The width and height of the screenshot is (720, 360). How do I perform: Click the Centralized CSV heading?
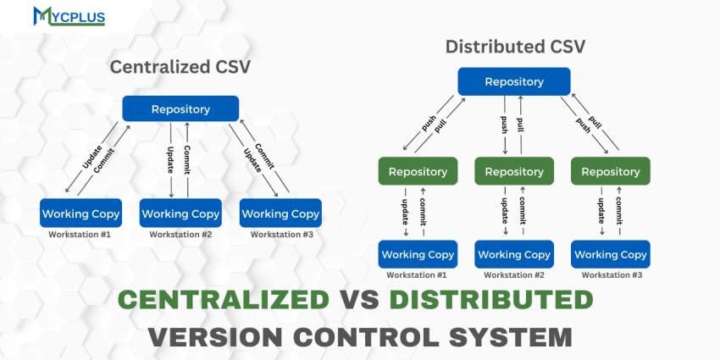[180, 67]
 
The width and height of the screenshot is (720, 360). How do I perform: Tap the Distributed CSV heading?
[515, 46]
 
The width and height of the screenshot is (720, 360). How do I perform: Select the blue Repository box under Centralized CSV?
[180, 108]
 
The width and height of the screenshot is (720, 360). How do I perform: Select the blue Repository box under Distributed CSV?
[514, 81]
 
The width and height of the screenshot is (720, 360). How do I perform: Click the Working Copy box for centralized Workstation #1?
[80, 213]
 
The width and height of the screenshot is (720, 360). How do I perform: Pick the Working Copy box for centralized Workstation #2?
[180, 213]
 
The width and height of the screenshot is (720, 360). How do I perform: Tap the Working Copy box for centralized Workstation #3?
[280, 213]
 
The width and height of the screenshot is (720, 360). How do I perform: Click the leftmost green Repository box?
[418, 171]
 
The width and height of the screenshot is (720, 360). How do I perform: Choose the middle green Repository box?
[514, 171]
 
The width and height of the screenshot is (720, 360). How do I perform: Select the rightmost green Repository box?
[611, 171]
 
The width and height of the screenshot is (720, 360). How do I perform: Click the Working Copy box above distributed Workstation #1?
[418, 254]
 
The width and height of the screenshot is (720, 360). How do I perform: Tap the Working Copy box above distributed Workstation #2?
[514, 254]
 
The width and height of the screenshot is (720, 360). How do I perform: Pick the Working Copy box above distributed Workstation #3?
[611, 254]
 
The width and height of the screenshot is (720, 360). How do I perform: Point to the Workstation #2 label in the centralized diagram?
[180, 234]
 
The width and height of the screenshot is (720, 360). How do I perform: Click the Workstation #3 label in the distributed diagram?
[611, 274]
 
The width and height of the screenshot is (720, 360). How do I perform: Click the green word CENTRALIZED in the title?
[223, 300]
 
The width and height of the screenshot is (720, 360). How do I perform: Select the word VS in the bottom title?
[359, 300]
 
